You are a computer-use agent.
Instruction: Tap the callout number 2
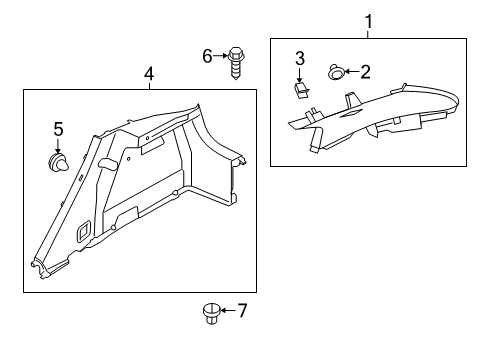(x=366, y=71)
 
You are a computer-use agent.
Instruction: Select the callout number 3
(x=299, y=61)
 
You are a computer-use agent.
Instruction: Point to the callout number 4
(x=149, y=73)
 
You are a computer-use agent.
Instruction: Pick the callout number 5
(x=58, y=128)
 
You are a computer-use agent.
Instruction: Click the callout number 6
(x=208, y=55)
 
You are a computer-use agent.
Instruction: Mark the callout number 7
(x=241, y=311)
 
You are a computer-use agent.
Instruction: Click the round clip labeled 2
(x=336, y=72)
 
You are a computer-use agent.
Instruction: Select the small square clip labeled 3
(x=300, y=91)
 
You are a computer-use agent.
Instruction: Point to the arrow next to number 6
(x=221, y=55)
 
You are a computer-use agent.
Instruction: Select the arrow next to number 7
(x=227, y=311)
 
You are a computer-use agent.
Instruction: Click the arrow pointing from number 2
(x=352, y=71)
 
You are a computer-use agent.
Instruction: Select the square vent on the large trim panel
(x=83, y=231)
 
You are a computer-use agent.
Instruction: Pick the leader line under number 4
(x=149, y=85)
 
